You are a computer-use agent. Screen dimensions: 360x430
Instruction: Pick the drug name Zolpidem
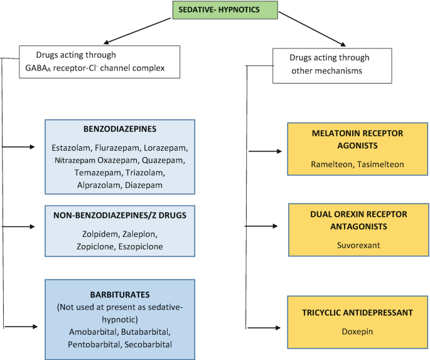[x=98, y=234]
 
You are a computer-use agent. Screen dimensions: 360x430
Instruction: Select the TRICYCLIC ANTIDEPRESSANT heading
[x=356, y=312]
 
